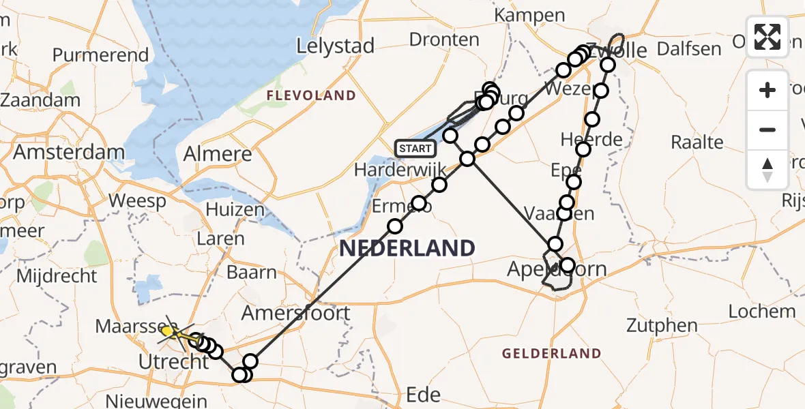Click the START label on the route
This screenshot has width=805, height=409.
tap(415, 148)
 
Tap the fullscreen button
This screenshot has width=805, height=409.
tap(767, 37)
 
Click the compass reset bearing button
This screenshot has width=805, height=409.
tap(767, 168)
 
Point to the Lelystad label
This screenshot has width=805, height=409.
tap(336, 46)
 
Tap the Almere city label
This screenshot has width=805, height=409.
tap(218, 154)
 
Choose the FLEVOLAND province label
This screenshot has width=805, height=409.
tap(311, 96)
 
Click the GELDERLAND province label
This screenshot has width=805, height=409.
tap(552, 353)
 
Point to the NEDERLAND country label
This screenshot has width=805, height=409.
tap(407, 248)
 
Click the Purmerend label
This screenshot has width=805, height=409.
tap(100, 55)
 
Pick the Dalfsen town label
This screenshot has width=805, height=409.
tap(689, 48)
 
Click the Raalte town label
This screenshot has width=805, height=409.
tap(697, 142)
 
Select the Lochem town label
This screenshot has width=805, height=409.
tap(761, 312)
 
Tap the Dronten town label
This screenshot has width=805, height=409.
tap(444, 39)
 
